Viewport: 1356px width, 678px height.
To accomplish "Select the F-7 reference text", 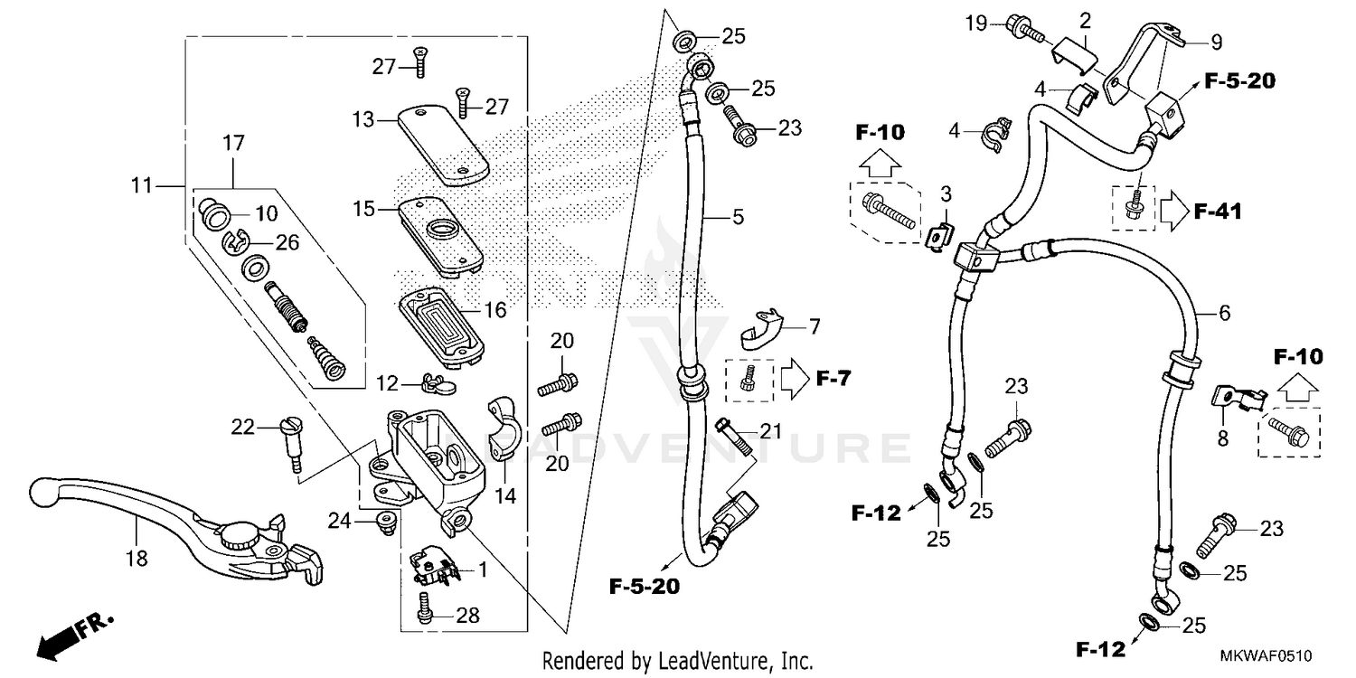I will (832, 378).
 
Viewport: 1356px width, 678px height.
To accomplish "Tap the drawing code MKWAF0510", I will (1266, 654).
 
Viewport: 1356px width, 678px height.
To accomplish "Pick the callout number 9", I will (1216, 41).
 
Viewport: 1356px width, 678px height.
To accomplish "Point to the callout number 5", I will (738, 217).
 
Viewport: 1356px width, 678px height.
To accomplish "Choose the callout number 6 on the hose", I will (1224, 313).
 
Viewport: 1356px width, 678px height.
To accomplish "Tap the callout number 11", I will (141, 187).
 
